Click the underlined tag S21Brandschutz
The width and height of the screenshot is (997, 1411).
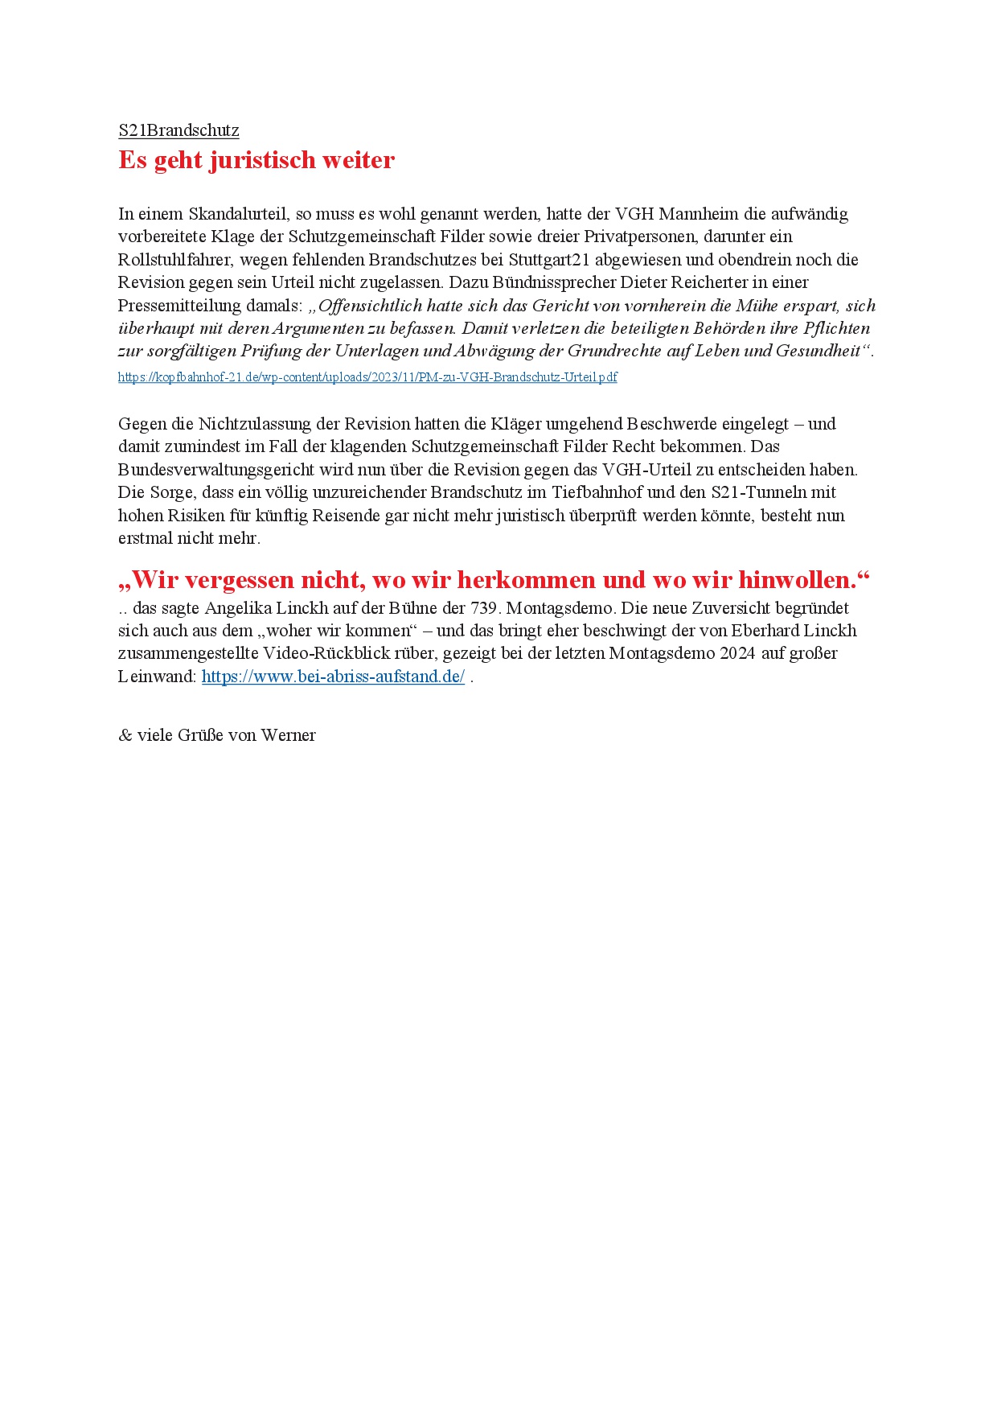[x=178, y=130]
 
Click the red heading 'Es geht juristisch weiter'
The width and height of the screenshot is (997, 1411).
[x=256, y=160]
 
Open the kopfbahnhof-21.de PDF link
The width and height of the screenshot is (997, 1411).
[x=367, y=377]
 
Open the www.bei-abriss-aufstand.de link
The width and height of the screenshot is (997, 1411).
[x=333, y=677]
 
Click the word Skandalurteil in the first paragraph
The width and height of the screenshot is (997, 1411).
[x=239, y=214]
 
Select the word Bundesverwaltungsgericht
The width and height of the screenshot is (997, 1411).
[x=216, y=470]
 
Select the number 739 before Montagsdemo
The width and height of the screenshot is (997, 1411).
[x=485, y=608]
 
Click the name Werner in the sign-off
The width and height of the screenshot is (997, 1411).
[x=289, y=735]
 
